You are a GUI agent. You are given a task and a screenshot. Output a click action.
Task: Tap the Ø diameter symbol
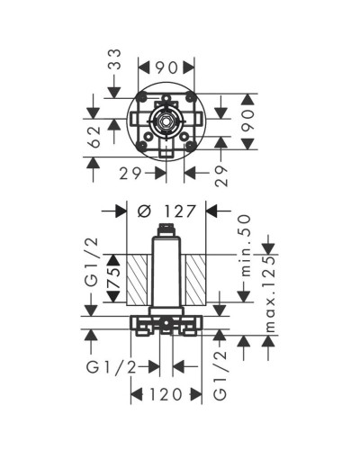coord(145,212)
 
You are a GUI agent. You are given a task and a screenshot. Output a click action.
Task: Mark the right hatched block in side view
coord(196,279)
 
